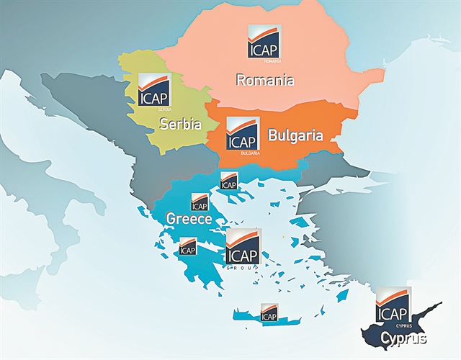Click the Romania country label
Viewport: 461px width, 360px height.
tap(265, 80)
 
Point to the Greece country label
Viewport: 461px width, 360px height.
tap(188, 218)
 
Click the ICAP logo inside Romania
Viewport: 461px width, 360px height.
tap(264, 42)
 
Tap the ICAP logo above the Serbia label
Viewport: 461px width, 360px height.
tap(153, 90)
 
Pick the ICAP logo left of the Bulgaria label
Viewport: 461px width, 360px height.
tap(243, 135)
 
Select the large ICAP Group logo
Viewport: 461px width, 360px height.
tap(243, 248)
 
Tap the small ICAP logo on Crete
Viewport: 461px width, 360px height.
tap(269, 312)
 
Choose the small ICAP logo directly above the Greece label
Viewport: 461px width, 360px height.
tap(199, 202)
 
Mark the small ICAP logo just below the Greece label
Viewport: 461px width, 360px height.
tap(187, 246)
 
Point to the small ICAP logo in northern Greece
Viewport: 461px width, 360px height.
tap(229, 180)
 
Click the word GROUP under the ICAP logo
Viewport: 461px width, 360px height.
tap(243, 266)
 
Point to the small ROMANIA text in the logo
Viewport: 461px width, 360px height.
tap(272, 61)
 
